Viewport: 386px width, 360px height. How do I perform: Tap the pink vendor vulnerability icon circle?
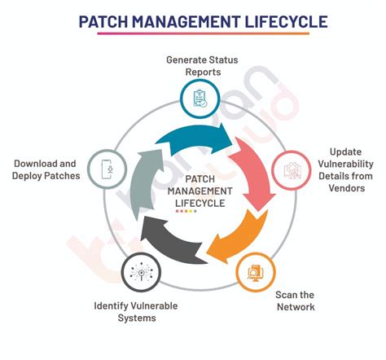(291, 170)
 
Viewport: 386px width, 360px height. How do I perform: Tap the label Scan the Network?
(295, 301)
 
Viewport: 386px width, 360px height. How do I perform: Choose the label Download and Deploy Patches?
(46, 169)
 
